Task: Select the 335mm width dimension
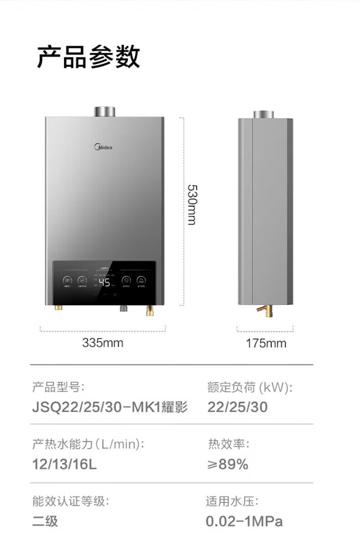tap(103, 343)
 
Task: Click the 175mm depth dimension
tap(266, 343)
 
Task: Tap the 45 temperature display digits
tap(104, 282)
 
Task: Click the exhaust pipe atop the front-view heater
tap(105, 112)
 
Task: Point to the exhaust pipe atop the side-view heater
tap(265, 114)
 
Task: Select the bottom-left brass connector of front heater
tap(58, 308)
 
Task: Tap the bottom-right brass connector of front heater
tap(150, 311)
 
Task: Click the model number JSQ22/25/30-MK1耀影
tap(109, 407)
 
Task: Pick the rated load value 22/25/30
tap(237, 407)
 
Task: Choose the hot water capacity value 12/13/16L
tap(64, 465)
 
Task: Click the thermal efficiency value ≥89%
tap(228, 465)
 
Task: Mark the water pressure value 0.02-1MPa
tap(244, 521)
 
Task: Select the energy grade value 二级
tap(45, 521)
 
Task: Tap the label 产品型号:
tap(58, 388)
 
